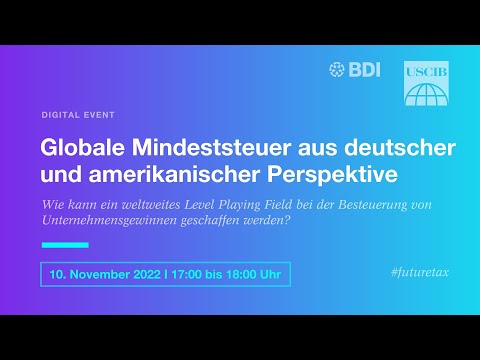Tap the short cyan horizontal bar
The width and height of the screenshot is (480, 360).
(x=64, y=244)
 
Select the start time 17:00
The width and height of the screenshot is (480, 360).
(x=187, y=274)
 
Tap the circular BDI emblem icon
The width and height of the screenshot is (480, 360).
(x=336, y=69)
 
